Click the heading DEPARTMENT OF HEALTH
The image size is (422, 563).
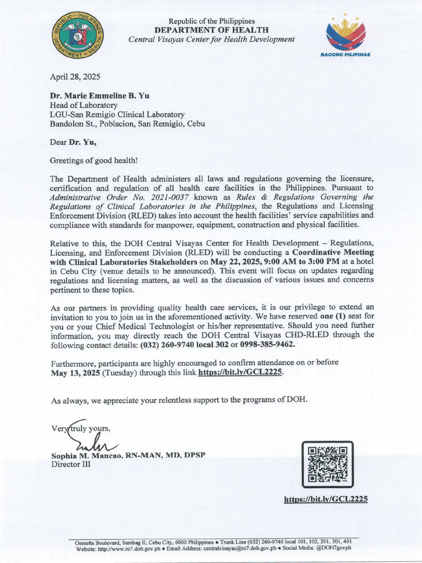click(211, 30)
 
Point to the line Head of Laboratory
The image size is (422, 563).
click(84, 105)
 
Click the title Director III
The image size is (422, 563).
click(71, 464)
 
